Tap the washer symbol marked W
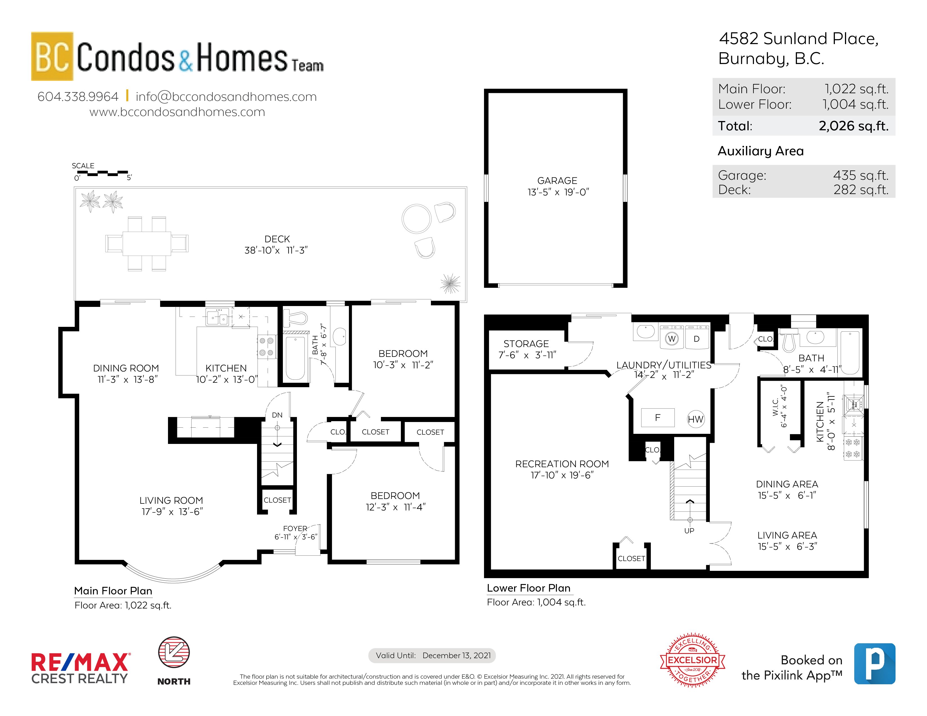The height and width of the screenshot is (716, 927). coord(671,339)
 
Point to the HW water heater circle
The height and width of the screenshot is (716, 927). coord(695,419)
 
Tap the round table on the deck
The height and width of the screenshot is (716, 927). coord(416,218)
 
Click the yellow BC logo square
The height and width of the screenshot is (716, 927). coord(52,56)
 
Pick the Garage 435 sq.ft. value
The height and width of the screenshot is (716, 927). coord(860,175)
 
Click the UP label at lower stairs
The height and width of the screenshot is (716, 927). coord(689,531)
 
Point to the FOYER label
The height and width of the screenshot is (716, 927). coord(295,528)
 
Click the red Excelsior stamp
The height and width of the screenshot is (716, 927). coord(692,660)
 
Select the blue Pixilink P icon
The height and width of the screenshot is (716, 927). coord(874,663)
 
